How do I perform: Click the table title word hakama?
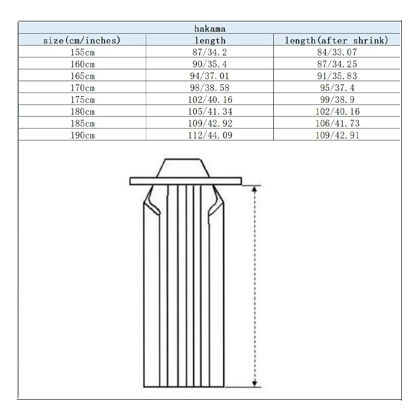tap(210, 29)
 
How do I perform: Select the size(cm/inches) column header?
tap(82, 41)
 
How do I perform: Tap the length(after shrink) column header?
tap(336, 41)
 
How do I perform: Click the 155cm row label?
tap(83, 52)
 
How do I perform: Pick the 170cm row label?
tap(83, 88)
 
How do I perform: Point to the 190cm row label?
tap(83, 135)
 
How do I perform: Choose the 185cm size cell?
tap(83, 123)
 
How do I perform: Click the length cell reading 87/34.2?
tap(210, 52)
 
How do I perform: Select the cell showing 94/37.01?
tap(210, 76)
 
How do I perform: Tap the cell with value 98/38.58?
tap(210, 88)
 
